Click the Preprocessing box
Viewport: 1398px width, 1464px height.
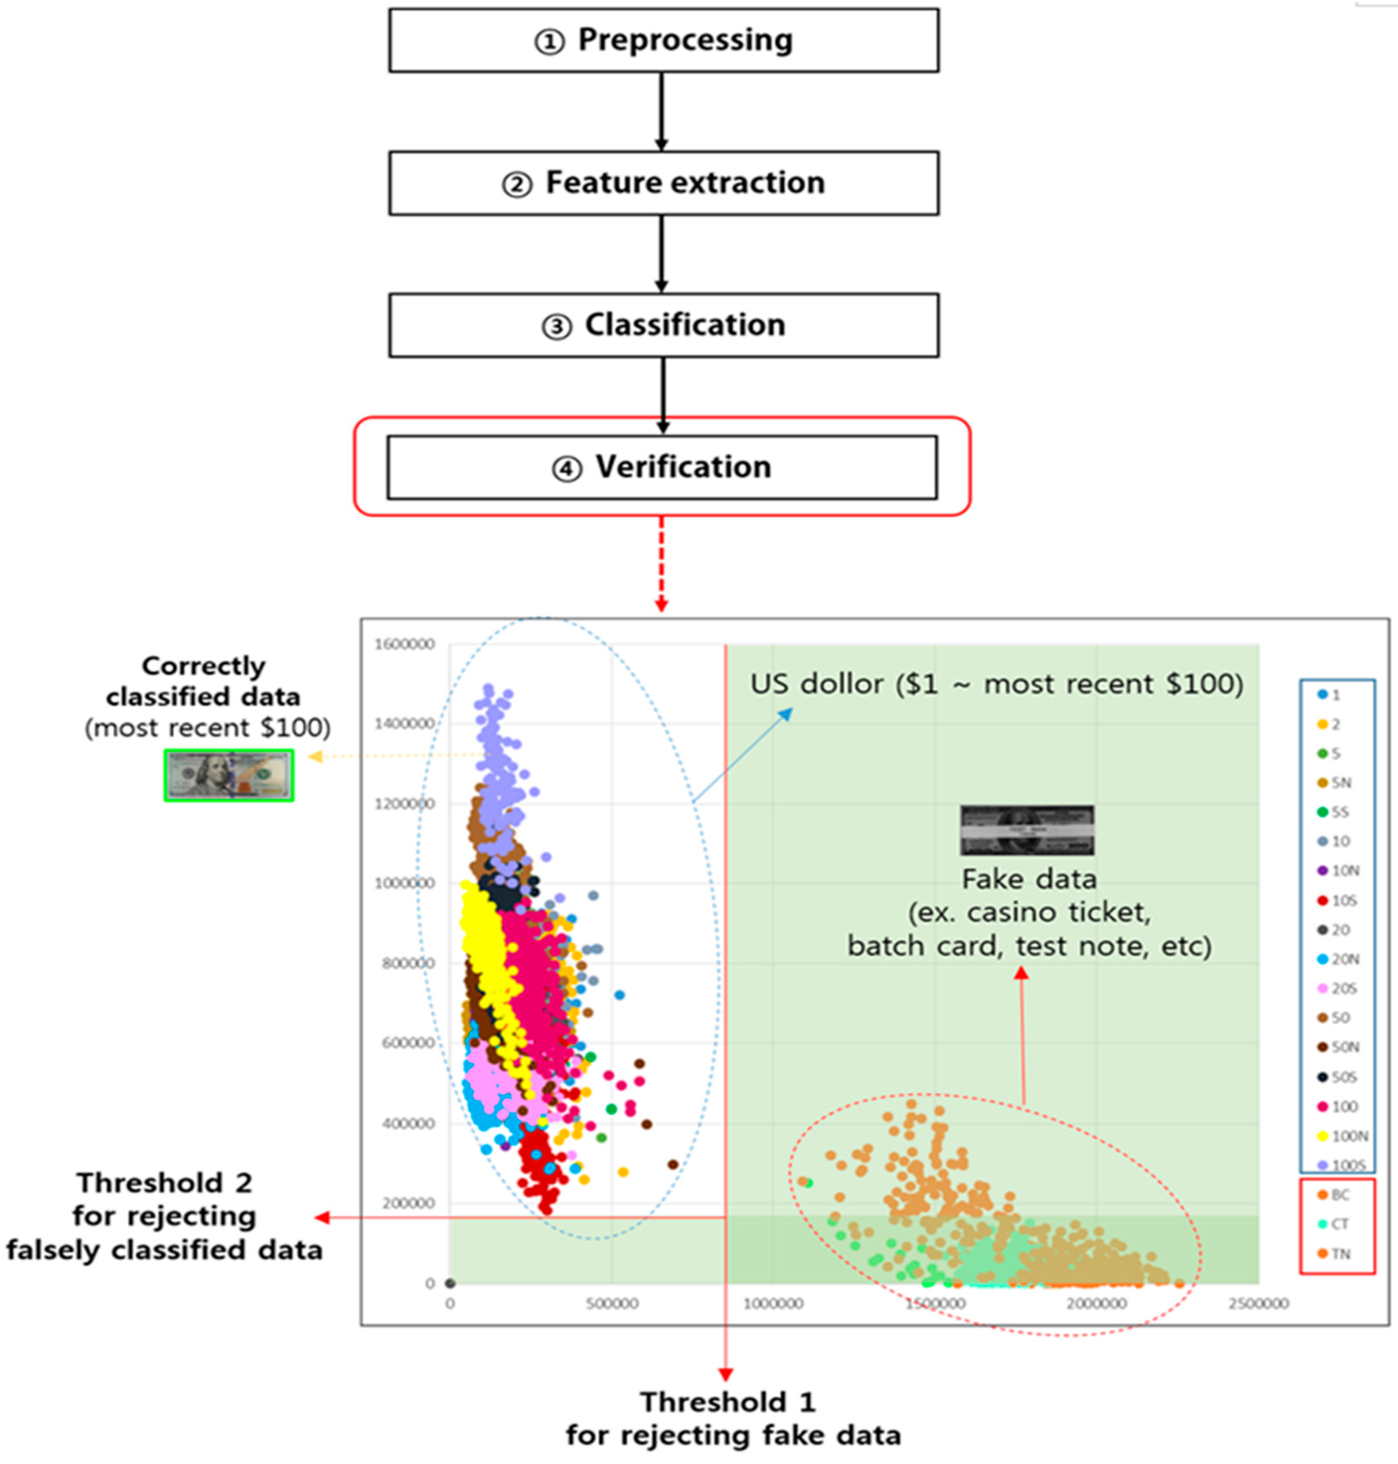(663, 40)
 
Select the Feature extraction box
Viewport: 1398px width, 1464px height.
(663, 183)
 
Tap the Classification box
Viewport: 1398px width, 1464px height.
(663, 325)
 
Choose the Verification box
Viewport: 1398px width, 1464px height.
(662, 467)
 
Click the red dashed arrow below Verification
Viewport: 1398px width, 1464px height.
(661, 563)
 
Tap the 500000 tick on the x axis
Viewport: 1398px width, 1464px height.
(611, 1304)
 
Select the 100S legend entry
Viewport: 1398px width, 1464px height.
(1343, 1165)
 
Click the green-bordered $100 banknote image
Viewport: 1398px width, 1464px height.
(229, 775)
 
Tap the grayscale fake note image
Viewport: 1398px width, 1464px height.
(1027, 830)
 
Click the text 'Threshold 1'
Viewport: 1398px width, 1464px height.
(728, 1402)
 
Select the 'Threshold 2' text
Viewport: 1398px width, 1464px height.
(164, 1183)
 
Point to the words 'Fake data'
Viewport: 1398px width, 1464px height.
(1029, 880)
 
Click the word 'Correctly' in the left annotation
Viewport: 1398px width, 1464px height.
(204, 666)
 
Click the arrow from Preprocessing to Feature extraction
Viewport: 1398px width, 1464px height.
(661, 112)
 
